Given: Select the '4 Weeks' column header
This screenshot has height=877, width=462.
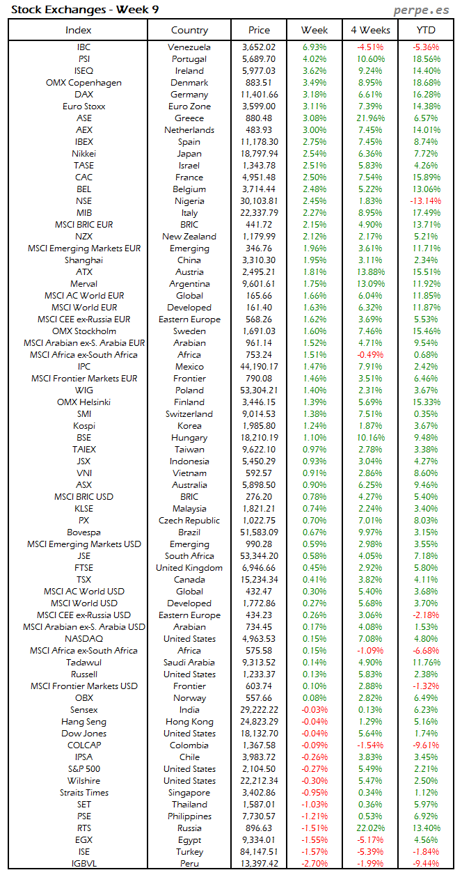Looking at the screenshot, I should [x=370, y=30].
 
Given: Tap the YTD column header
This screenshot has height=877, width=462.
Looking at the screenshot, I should [x=426, y=30].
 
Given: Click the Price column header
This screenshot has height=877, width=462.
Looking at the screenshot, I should [x=259, y=30].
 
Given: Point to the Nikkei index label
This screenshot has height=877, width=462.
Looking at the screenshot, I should [x=83, y=154].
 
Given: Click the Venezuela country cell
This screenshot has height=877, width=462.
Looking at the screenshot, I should [x=189, y=47].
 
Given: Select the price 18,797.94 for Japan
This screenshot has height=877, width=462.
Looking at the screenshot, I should [x=259, y=154].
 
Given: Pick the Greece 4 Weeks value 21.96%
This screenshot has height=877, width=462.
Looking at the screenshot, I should [x=370, y=118].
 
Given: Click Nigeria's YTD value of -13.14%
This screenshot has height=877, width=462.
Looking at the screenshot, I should [x=426, y=201].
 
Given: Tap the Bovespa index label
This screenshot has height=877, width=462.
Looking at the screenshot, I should [x=83, y=532].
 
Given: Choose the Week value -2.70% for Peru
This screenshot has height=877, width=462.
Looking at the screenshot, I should [x=314, y=864].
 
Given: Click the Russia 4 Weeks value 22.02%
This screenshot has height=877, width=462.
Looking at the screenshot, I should [x=370, y=828].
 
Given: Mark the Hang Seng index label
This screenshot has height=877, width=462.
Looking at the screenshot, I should [x=83, y=722].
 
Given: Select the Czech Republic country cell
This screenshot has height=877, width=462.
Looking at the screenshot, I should [x=189, y=521].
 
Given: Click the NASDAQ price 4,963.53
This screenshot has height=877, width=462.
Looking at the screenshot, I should [x=259, y=639].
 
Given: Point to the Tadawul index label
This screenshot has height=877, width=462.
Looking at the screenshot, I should [x=83, y=663].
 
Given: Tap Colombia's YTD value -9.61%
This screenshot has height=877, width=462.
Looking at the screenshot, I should [x=426, y=745].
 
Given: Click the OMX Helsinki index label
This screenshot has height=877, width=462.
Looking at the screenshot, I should [x=83, y=402].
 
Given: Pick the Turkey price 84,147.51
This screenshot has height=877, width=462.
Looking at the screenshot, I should [x=259, y=852].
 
